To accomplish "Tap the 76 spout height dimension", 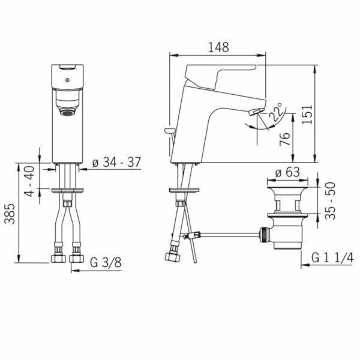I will click(286, 139).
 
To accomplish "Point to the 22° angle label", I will click(275, 112).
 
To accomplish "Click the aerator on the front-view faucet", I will click(67, 111).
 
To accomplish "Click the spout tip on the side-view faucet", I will click(254, 112).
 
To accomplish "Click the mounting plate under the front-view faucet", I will click(67, 191).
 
